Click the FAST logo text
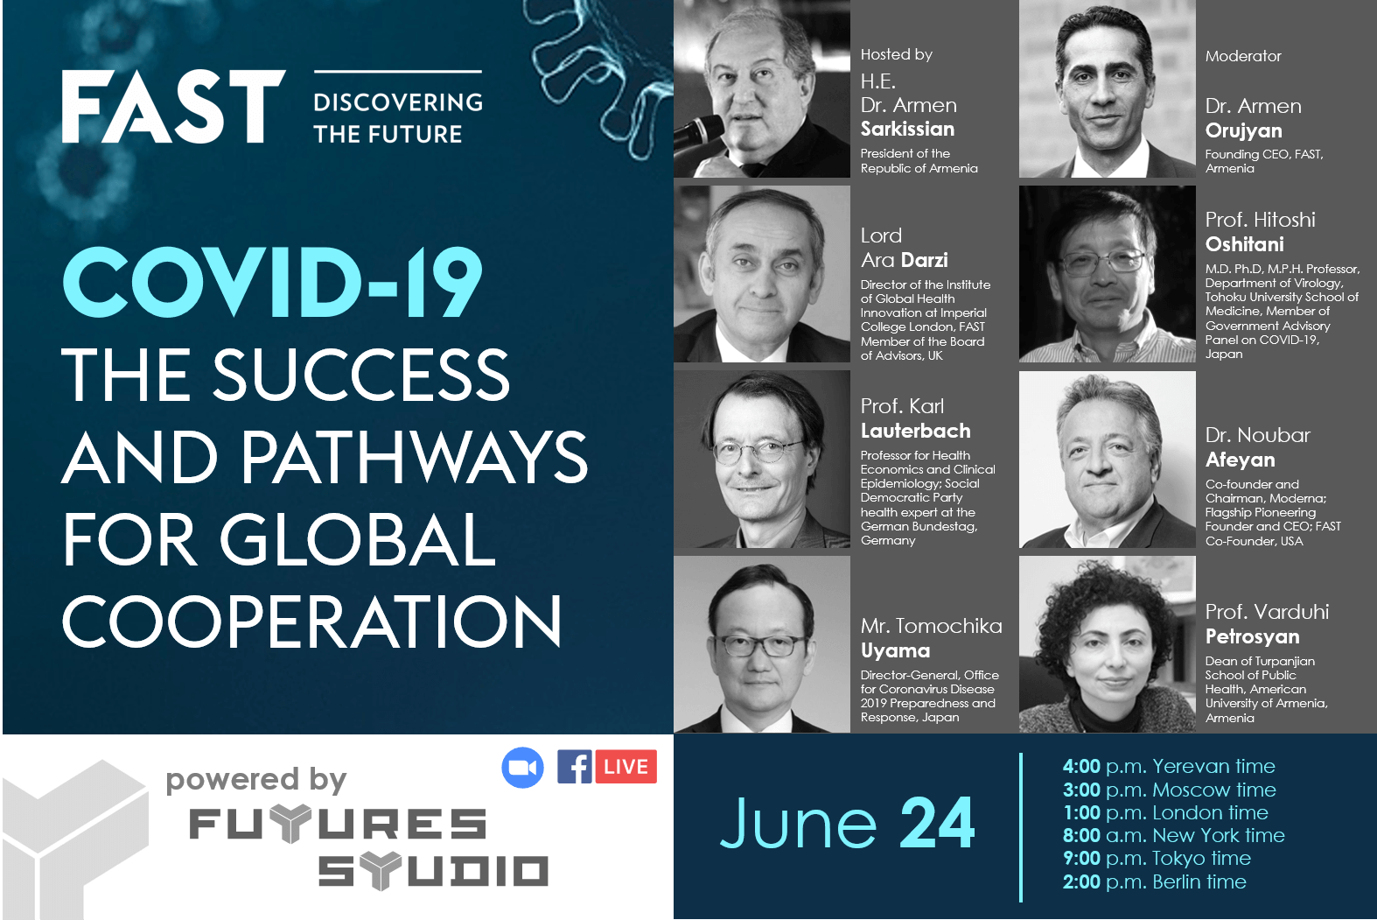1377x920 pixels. [x=173, y=107]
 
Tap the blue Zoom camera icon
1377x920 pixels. [x=522, y=768]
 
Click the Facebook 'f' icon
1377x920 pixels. [x=575, y=767]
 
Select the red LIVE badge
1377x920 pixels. [x=626, y=767]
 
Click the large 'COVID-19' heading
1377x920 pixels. [x=272, y=283]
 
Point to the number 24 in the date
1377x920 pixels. [x=937, y=824]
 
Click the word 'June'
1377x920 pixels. [x=798, y=824]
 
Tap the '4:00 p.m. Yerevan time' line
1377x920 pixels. [x=1169, y=767]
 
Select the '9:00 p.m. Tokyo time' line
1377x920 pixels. [x=1157, y=859]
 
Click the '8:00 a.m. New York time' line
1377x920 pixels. [x=1173, y=836]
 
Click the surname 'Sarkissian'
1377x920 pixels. [x=907, y=130]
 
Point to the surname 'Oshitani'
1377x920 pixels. [x=1244, y=245]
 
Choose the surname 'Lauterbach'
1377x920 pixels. [x=915, y=432]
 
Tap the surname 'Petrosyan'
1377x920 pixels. [x=1252, y=637]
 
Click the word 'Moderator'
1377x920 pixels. [x=1243, y=57]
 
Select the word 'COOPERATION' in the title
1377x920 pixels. [x=311, y=622]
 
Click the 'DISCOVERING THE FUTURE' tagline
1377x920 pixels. [x=398, y=118]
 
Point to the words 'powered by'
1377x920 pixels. [x=256, y=779]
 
